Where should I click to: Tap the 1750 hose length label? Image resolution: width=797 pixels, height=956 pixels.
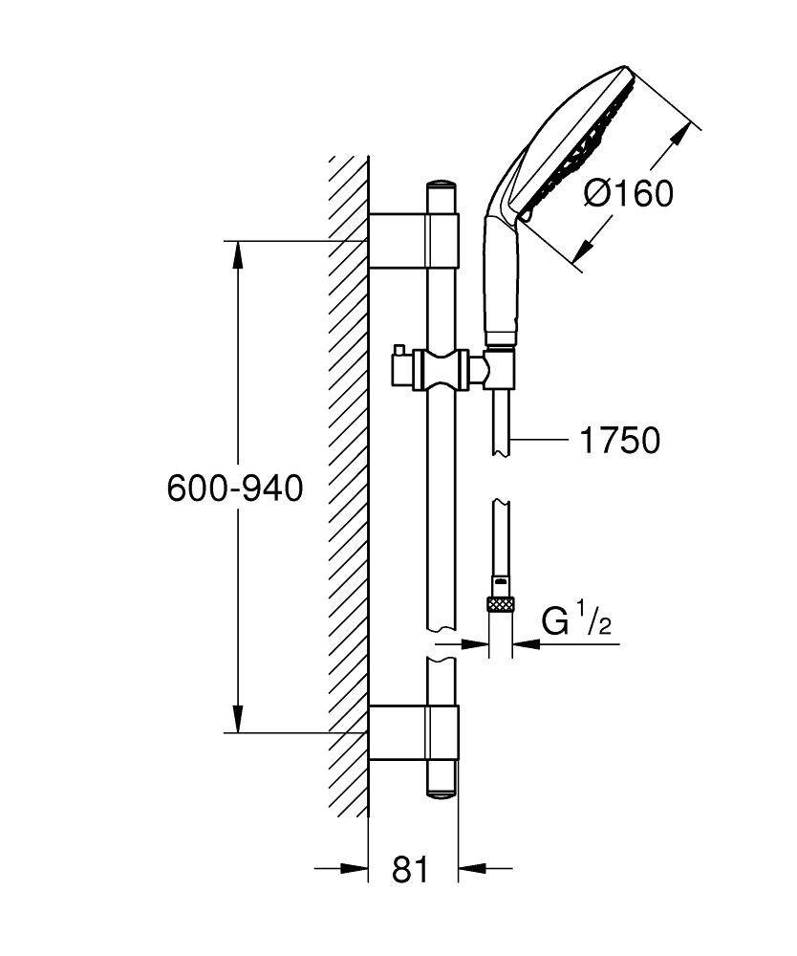point(619,441)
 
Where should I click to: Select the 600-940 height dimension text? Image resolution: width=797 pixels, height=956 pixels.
point(234,489)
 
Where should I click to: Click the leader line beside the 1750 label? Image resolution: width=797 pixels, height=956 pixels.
point(543,441)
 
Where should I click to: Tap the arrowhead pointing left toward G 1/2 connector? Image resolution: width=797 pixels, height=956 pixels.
point(527,645)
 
